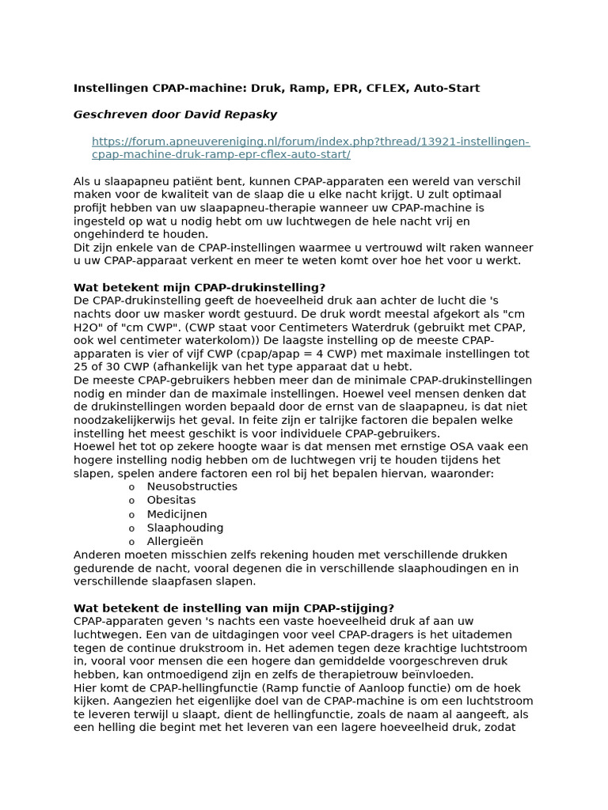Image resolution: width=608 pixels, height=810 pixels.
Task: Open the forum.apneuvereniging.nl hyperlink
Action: pos(310,148)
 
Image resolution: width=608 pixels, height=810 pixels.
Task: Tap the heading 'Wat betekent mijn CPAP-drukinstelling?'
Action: pos(199,287)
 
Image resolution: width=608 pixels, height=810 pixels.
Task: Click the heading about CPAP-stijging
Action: pos(234,608)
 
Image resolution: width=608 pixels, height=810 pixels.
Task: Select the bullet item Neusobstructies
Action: pos(192,486)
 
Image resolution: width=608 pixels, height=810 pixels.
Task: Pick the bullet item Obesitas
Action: pos(171,501)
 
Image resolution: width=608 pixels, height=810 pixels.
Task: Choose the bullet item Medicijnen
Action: pos(177,514)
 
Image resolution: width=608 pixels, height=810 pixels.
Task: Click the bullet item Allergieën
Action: pos(175,542)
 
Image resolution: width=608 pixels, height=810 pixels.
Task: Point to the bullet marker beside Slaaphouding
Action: pos(131,528)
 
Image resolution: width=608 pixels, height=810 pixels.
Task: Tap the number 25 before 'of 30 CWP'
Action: pos(82,368)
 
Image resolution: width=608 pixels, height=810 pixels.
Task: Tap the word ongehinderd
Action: pos(112,234)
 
